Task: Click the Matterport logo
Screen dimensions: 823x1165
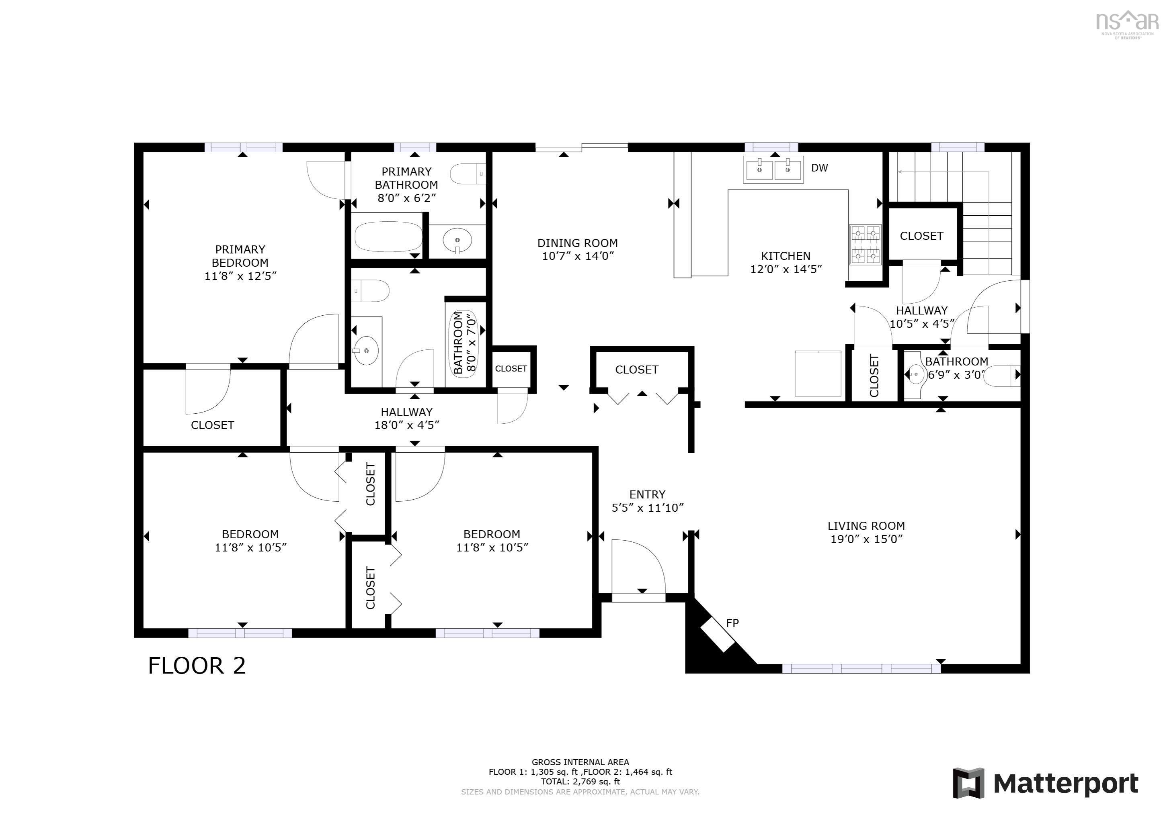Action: coord(1045,784)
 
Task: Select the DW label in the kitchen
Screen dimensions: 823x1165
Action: coord(819,168)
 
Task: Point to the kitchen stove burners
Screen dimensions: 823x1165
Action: coord(865,245)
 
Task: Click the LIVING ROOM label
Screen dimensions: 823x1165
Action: coord(866,526)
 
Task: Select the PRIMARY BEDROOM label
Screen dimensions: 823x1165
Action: coord(240,256)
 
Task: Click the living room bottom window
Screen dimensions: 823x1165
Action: coord(861,669)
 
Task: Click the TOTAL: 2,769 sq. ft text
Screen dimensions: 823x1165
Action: coord(580,781)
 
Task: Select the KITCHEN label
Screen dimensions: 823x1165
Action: coord(786,256)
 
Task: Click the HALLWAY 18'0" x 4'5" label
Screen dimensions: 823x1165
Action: coord(407,419)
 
